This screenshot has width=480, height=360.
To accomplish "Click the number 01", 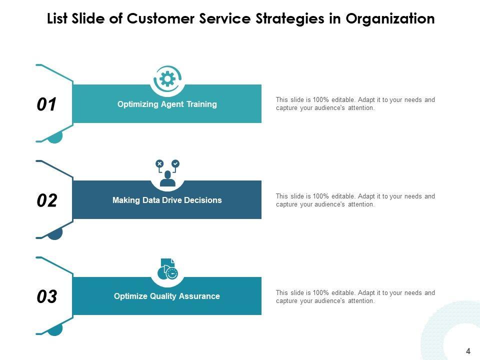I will pyautogui.click(x=47, y=104).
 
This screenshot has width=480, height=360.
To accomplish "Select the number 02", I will pyautogui.click(x=47, y=200).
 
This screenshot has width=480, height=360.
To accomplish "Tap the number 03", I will pyautogui.click(x=47, y=297).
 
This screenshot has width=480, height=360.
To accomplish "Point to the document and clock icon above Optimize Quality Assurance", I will pyautogui.click(x=167, y=269).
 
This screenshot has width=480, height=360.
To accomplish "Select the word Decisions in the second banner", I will pyautogui.click(x=202, y=200).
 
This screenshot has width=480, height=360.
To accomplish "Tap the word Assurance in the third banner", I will pyautogui.click(x=200, y=296).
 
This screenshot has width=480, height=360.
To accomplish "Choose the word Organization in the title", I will pyautogui.click(x=390, y=19).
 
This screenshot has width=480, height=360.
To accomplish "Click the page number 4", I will pyautogui.click(x=468, y=351).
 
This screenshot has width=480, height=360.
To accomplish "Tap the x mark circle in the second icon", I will pyautogui.click(x=159, y=163).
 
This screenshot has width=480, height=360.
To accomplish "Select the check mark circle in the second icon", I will pyautogui.click(x=175, y=163).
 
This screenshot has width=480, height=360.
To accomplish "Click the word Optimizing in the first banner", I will pyautogui.click(x=138, y=104).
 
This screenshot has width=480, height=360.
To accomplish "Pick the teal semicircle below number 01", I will pyautogui.click(x=55, y=136).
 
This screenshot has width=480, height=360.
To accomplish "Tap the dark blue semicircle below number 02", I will pyautogui.click(x=55, y=233).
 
